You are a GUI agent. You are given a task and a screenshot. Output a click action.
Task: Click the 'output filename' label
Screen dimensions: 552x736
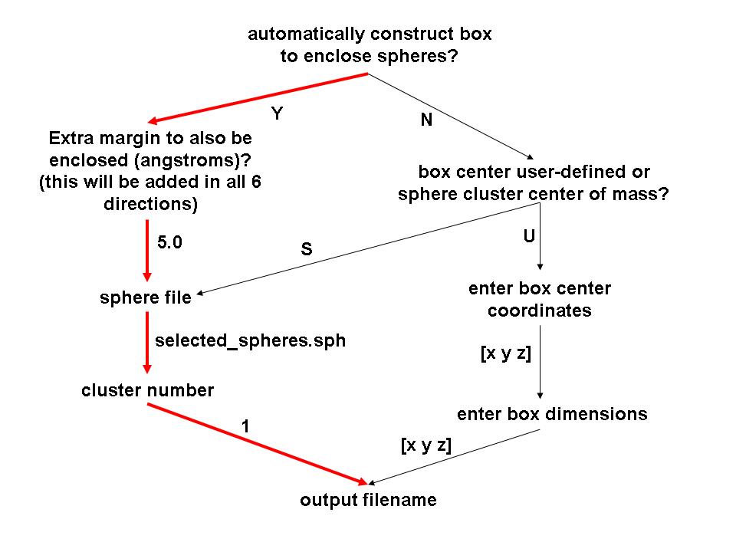pos(368,501)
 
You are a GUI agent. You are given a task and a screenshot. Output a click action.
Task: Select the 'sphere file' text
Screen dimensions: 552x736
pos(146,297)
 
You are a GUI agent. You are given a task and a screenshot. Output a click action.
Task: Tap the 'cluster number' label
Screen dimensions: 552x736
pos(147,390)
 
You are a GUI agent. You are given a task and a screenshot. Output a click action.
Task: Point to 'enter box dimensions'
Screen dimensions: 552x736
pos(552,414)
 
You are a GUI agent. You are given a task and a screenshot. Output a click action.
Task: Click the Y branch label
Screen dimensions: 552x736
pos(278,113)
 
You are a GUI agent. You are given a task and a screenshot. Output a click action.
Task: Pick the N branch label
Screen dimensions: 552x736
pos(427,120)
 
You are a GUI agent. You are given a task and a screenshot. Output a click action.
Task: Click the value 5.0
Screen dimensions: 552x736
pos(170,243)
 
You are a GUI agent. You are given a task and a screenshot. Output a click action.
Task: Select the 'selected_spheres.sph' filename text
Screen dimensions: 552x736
pos(250,340)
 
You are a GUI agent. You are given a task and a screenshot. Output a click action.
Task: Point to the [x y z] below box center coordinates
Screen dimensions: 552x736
pos(505,353)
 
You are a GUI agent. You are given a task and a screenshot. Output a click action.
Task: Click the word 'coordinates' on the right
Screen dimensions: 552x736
pos(540,311)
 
